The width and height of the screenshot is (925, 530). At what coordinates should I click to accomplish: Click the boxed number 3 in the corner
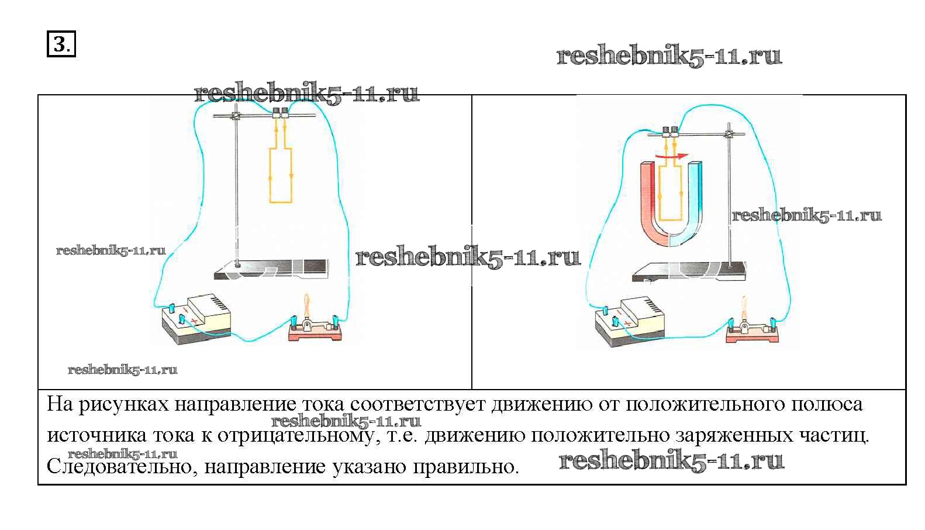click(61, 44)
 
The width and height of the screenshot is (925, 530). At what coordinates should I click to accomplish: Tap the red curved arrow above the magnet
click(671, 156)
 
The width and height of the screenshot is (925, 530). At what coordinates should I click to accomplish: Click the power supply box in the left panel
click(196, 319)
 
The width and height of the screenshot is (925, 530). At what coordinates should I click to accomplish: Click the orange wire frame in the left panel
click(280, 175)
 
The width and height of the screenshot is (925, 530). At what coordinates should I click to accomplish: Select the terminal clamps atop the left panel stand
click(281, 113)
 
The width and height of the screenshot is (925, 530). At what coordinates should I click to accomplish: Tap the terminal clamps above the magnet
click(670, 132)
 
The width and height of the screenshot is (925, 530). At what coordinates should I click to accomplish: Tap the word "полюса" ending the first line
click(826, 405)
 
